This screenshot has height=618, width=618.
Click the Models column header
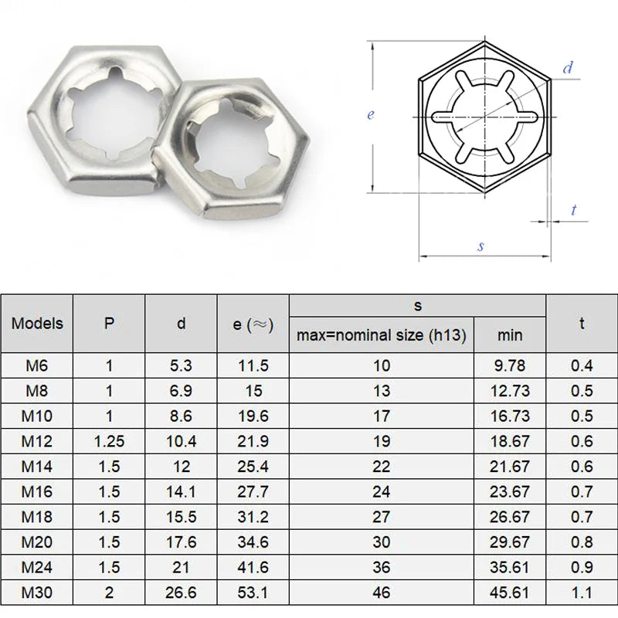coord(37,324)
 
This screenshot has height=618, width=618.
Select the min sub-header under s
coord(510,334)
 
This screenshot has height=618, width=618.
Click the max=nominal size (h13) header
coord(382,334)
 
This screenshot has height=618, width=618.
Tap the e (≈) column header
coord(253,324)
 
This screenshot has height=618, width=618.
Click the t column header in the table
coord(581,324)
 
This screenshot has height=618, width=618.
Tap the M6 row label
coord(37,365)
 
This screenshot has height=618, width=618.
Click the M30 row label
coord(37,593)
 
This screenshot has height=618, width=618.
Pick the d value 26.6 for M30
coord(181,593)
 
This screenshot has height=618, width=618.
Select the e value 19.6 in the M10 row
coord(253,416)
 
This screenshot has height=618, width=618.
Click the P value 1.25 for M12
coord(109,441)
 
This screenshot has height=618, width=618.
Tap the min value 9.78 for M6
coord(510,365)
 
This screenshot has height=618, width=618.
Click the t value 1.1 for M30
coord(581,593)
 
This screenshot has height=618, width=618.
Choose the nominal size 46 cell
coord(382,593)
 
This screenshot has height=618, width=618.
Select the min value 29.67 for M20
coord(510,542)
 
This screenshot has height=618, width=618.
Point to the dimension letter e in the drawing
coord(371,114)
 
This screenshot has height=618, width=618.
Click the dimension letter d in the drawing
coord(568,68)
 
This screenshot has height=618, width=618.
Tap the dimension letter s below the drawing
coord(480,246)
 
